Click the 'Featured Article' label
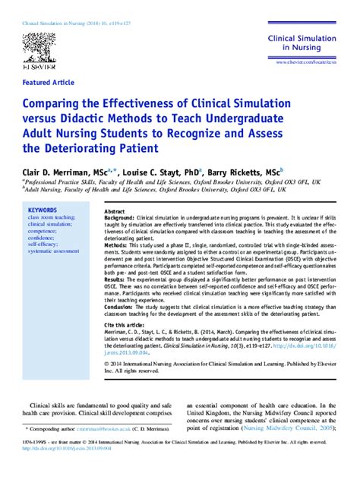pos(49,81)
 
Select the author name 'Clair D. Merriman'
pos(54,172)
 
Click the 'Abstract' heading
pos(114,210)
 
